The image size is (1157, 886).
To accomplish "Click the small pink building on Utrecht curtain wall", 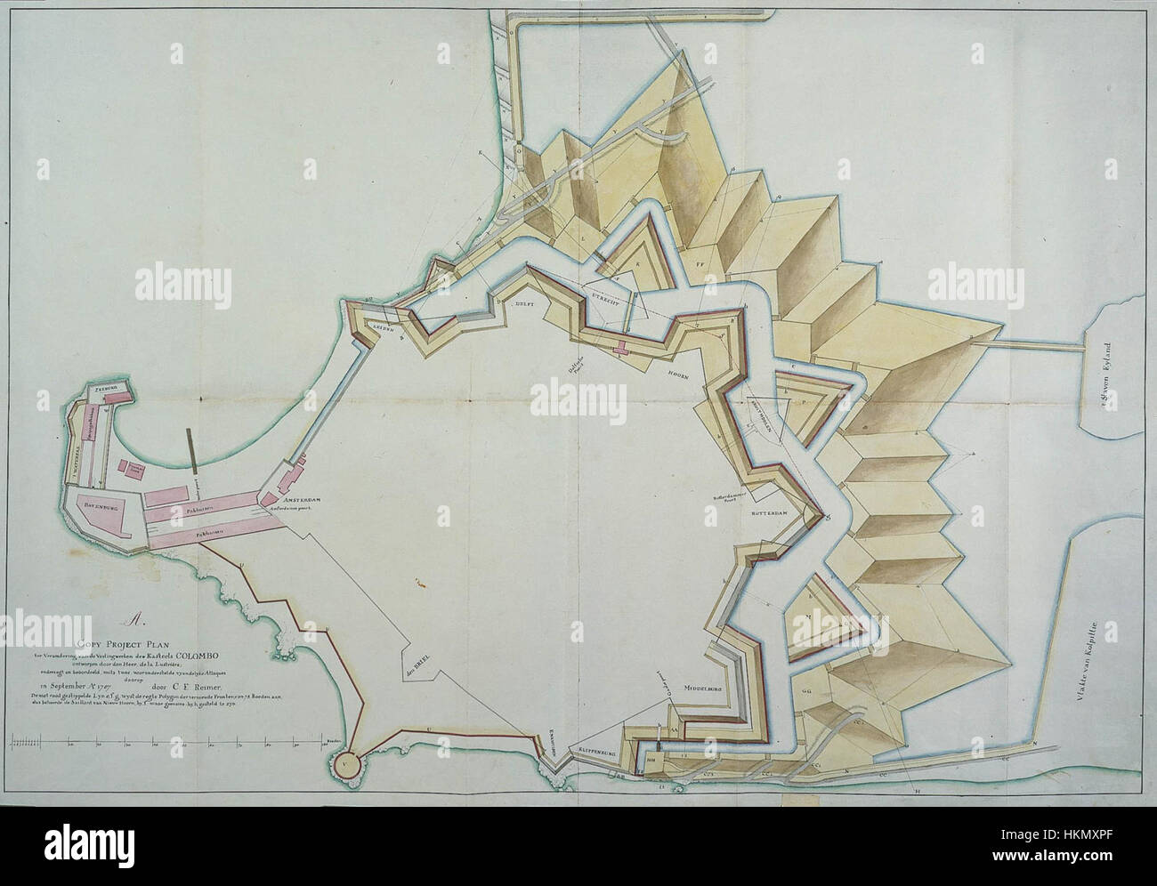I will [x=620, y=347].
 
